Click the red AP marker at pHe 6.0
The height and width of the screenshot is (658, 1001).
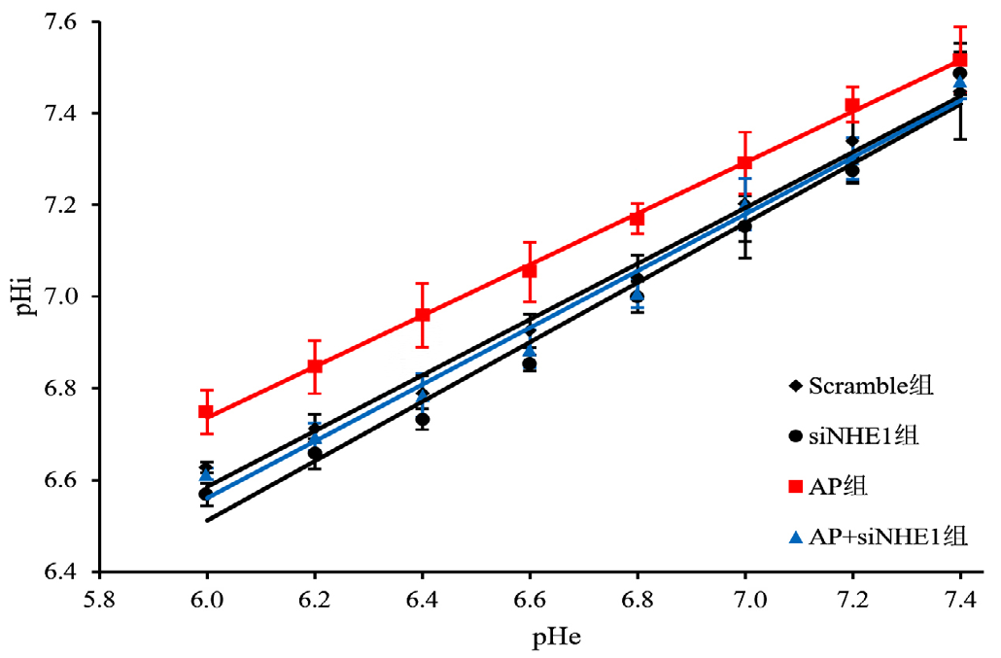(207, 411)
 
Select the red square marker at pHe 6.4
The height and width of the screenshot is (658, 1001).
(423, 315)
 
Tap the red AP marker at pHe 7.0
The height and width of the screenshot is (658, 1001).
(745, 162)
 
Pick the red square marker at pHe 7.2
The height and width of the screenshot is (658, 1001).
(852, 106)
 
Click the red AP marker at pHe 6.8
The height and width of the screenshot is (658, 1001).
(638, 219)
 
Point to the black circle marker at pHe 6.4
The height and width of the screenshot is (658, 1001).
(423, 420)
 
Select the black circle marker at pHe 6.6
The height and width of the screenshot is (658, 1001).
(530, 364)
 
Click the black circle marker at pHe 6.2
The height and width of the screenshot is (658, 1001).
(315, 453)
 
